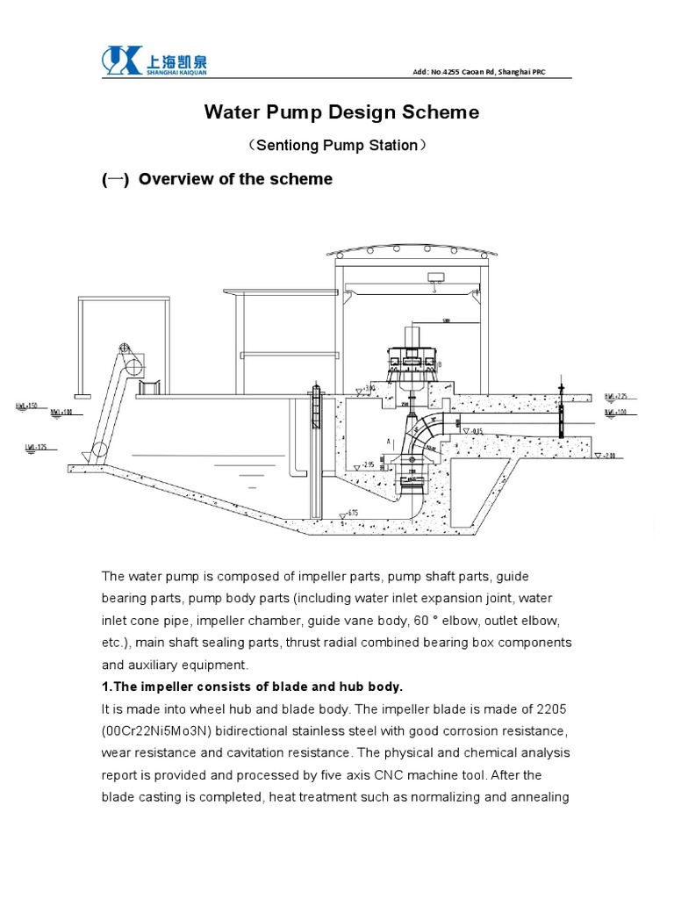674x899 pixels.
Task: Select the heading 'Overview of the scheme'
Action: coord(235,179)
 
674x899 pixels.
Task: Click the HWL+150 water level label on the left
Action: coord(26,406)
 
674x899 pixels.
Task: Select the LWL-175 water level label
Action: coord(36,448)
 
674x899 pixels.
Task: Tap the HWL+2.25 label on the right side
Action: coord(617,396)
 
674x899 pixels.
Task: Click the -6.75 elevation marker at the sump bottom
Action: coord(352,513)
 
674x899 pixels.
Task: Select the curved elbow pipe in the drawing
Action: coord(431,434)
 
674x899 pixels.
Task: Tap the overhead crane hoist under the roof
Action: coord(433,278)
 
